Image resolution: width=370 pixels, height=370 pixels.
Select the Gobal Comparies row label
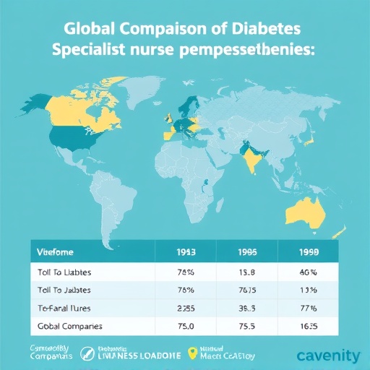(x=69, y=326)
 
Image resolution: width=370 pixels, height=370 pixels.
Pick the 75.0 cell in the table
(x=186, y=326)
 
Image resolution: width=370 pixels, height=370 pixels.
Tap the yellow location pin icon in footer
(x=192, y=353)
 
